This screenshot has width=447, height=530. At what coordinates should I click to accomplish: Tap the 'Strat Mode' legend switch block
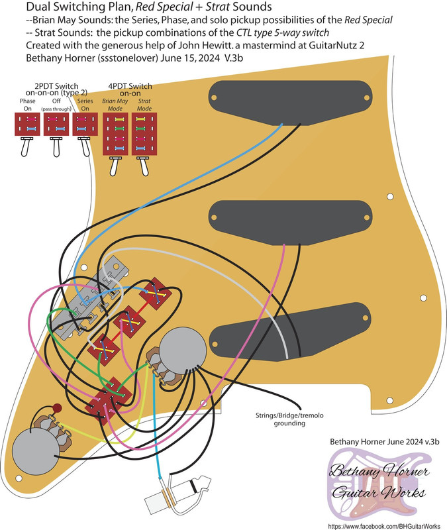[x=143, y=134]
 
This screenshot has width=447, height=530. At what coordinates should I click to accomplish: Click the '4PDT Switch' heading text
[x=130, y=86]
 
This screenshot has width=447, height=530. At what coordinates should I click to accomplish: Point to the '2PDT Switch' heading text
[x=55, y=86]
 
